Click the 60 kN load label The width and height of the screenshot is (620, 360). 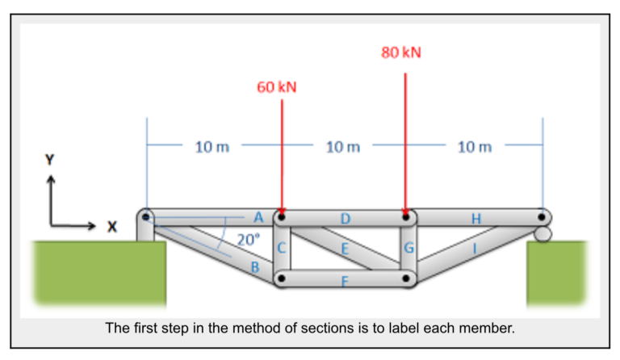(277, 87)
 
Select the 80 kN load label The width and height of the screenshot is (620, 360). (401, 52)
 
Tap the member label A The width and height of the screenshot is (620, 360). (258, 216)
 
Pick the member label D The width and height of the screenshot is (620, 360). (345, 218)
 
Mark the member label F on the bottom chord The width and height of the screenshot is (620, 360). (345, 280)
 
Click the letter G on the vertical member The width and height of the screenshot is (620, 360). (408, 249)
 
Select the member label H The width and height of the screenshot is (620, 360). (475, 218)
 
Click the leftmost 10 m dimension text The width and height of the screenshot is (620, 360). (212, 147)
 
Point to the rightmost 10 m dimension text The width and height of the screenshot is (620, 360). (474, 147)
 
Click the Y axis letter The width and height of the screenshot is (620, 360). (51, 160)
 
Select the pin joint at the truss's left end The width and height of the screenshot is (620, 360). (145, 217)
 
